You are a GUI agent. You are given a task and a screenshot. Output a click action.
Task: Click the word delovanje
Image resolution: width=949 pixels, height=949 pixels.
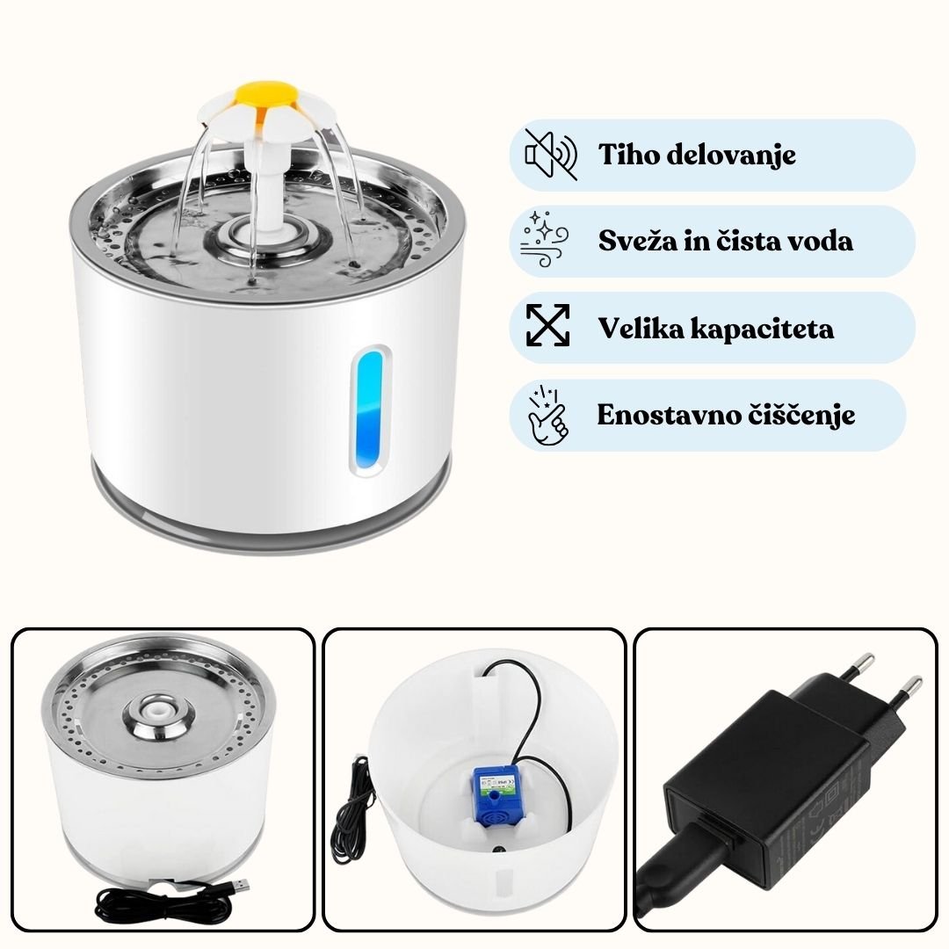click(727, 155)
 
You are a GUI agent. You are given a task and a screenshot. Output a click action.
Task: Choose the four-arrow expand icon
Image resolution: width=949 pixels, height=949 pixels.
click(547, 325)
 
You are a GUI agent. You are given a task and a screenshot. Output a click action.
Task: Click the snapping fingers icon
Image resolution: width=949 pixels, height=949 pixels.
click(547, 414)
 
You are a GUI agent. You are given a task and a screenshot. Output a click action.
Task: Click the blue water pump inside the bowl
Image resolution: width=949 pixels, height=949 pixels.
click(496, 795)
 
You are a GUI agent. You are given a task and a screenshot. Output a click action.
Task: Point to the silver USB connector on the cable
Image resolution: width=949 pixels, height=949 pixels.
click(240, 887)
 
